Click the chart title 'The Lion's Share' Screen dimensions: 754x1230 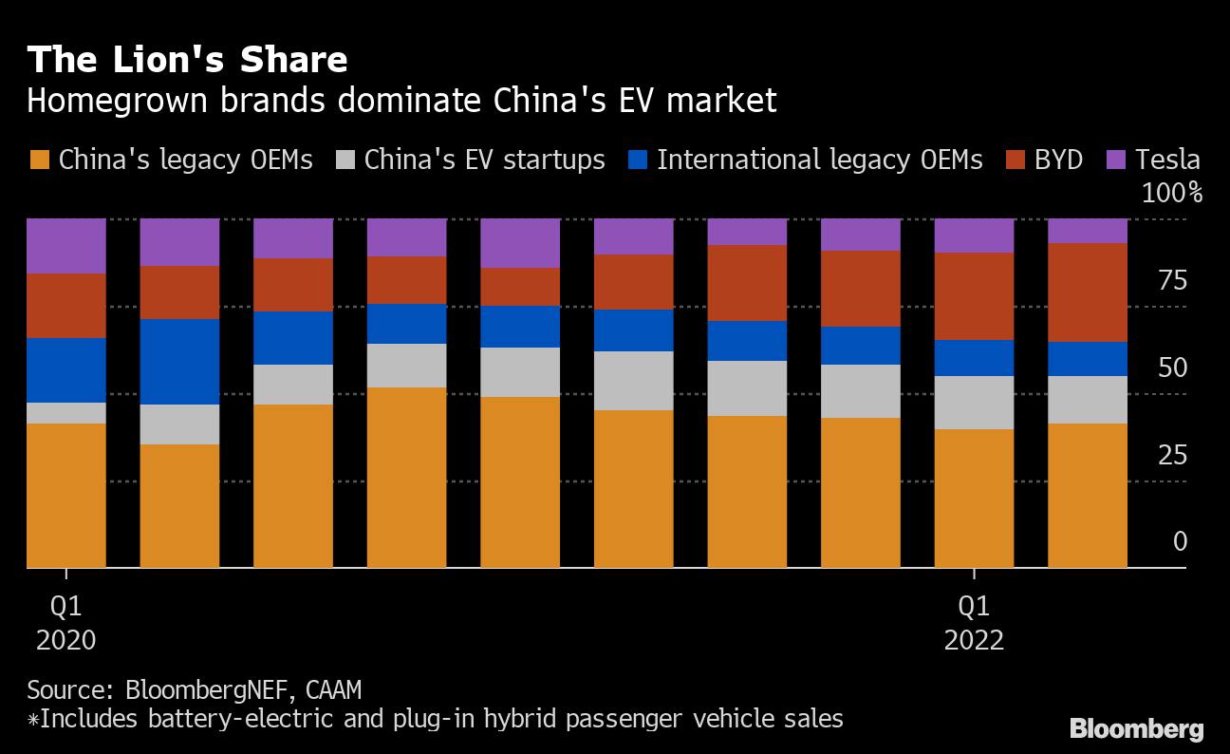pos(187,61)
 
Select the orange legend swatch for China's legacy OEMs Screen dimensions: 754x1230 pos(39,160)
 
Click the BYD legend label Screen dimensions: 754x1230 pos(1058,160)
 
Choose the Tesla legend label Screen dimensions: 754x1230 pos(1167,160)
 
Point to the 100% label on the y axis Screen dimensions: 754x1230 pos(1171,194)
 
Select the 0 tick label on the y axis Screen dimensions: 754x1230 pos(1180,542)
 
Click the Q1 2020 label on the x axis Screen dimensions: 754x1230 pos(66,622)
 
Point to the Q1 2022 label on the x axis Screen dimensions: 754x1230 pos(974,622)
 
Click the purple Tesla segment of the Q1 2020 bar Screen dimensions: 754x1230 pos(66,246)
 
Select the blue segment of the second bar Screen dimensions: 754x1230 pos(179,362)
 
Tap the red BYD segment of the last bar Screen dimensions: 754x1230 pos(1088,292)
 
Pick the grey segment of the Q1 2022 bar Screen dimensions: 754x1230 pos(974,403)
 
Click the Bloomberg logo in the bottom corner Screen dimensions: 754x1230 pos(1136,729)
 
